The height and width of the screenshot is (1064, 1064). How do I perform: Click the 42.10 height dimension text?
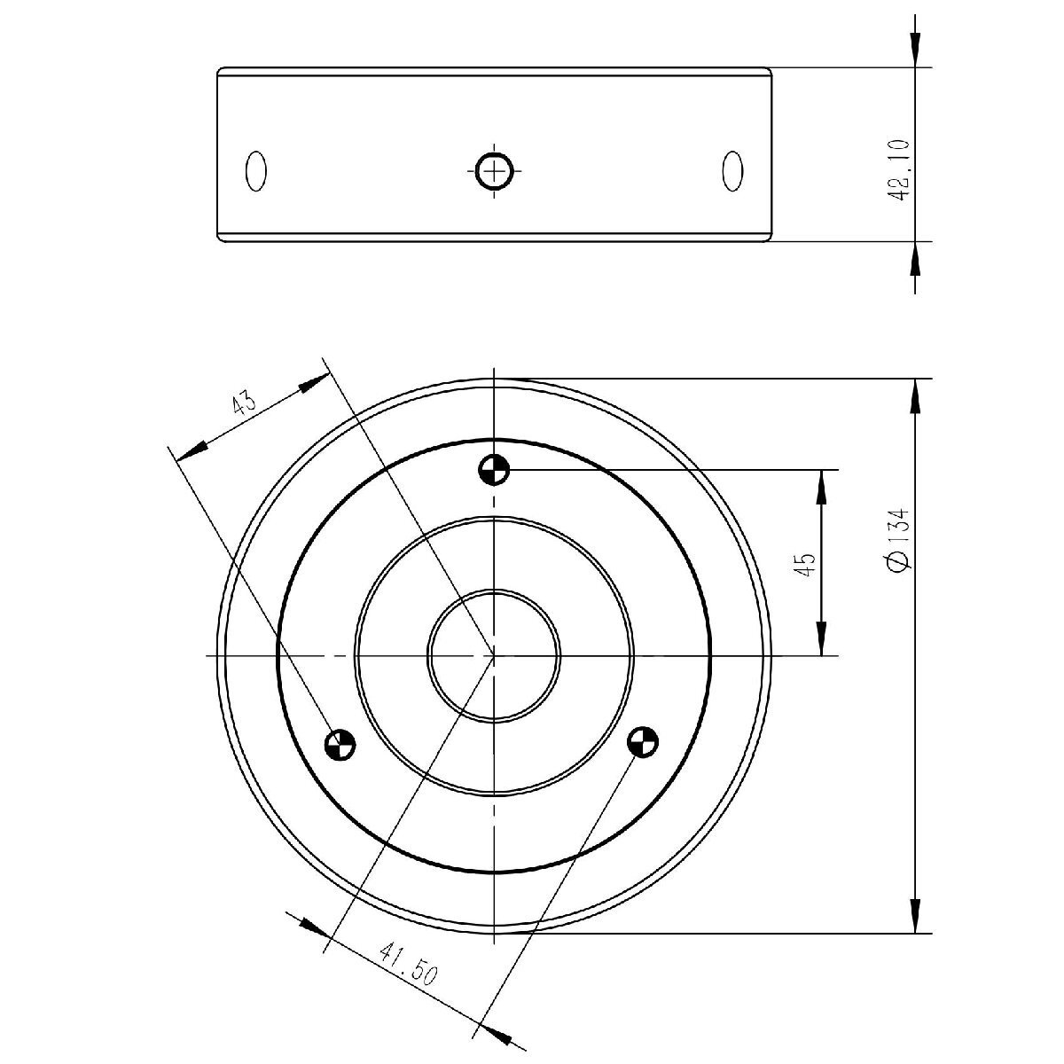(898, 169)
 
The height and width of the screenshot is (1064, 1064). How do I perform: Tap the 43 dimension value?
(244, 403)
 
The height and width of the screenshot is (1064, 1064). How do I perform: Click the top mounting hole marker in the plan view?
(494, 470)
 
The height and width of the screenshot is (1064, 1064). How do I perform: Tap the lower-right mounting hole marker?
(643, 741)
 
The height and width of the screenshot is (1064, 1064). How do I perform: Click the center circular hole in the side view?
(494, 171)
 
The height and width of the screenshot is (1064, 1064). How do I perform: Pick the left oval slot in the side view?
(255, 171)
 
